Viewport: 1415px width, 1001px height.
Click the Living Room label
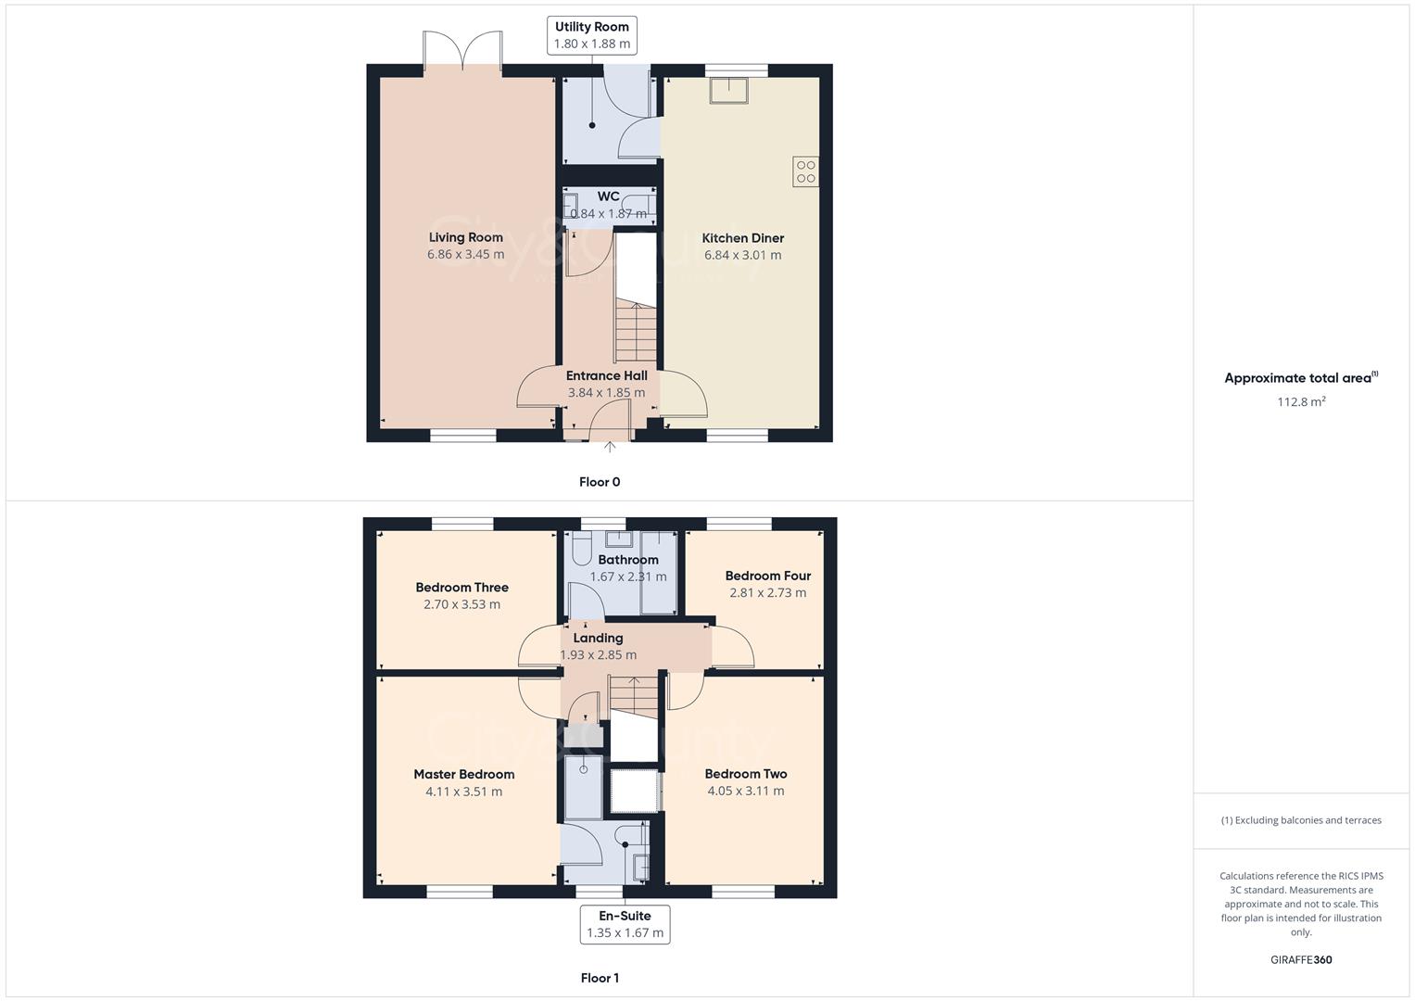(465, 237)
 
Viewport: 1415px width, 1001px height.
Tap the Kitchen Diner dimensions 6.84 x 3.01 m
(742, 255)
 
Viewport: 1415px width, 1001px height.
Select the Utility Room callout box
(591, 35)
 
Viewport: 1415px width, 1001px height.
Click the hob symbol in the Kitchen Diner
(805, 171)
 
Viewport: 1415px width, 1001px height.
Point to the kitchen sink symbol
(729, 90)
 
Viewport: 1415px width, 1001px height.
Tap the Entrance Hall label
(606, 375)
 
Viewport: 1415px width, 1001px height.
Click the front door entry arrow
(610, 448)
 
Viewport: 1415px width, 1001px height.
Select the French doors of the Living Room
(463, 51)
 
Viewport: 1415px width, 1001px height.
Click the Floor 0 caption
(600, 482)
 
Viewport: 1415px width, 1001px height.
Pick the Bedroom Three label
(461, 587)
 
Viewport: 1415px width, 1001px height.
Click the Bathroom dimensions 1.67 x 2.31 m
(627, 577)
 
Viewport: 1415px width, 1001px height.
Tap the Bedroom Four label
(767, 576)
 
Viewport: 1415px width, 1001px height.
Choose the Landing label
(598, 638)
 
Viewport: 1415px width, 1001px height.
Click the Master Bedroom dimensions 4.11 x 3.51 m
(463, 792)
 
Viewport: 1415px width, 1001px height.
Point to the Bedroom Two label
(745, 774)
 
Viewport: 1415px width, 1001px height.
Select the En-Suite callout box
(625, 924)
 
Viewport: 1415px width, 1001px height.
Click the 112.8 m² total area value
(1300, 402)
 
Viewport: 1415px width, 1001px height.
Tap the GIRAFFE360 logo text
(1300, 960)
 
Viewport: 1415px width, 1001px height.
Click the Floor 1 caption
(600, 978)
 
